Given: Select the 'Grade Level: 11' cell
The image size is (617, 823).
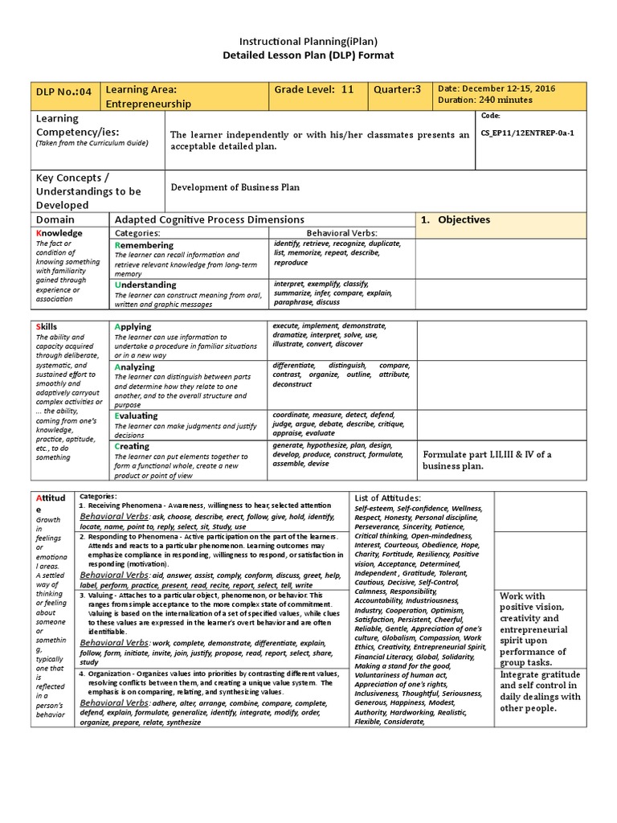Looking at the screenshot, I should pyautogui.click(x=314, y=89).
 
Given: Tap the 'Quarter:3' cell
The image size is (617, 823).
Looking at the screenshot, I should pyautogui.click(x=397, y=89).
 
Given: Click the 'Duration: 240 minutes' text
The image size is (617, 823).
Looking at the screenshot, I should pyautogui.click(x=484, y=100).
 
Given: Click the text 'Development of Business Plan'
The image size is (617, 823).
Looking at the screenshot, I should pyautogui.click(x=235, y=187).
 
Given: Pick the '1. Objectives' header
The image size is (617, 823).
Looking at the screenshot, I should pyautogui.click(x=456, y=219).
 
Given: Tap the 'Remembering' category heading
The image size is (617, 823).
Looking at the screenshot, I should pyautogui.click(x=144, y=244).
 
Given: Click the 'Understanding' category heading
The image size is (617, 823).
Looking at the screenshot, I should pyautogui.click(x=145, y=285).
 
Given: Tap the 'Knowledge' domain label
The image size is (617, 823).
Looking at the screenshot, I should pyautogui.click(x=59, y=232).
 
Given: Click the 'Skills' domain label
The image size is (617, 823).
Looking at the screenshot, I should pyautogui.click(x=47, y=326).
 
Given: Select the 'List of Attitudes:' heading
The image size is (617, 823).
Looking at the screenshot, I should pyautogui.click(x=387, y=498).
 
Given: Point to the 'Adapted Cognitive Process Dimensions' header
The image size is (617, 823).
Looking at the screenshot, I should pyautogui.click(x=210, y=219).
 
